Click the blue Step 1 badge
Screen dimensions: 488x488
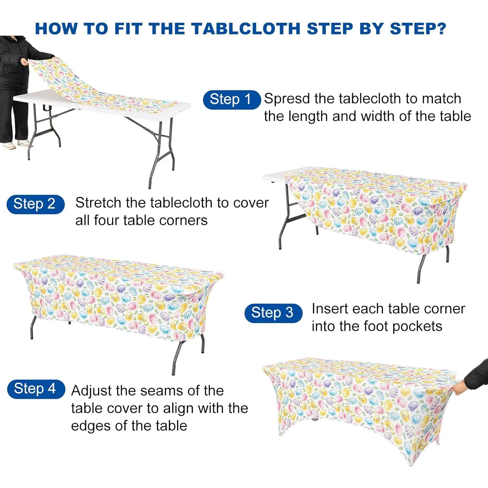click(x=232, y=100)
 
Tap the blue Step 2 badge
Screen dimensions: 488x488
click(x=35, y=204)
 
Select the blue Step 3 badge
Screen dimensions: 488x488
click(x=273, y=313)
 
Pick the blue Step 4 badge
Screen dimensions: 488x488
click(x=36, y=389)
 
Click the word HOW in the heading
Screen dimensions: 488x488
click(x=56, y=29)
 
